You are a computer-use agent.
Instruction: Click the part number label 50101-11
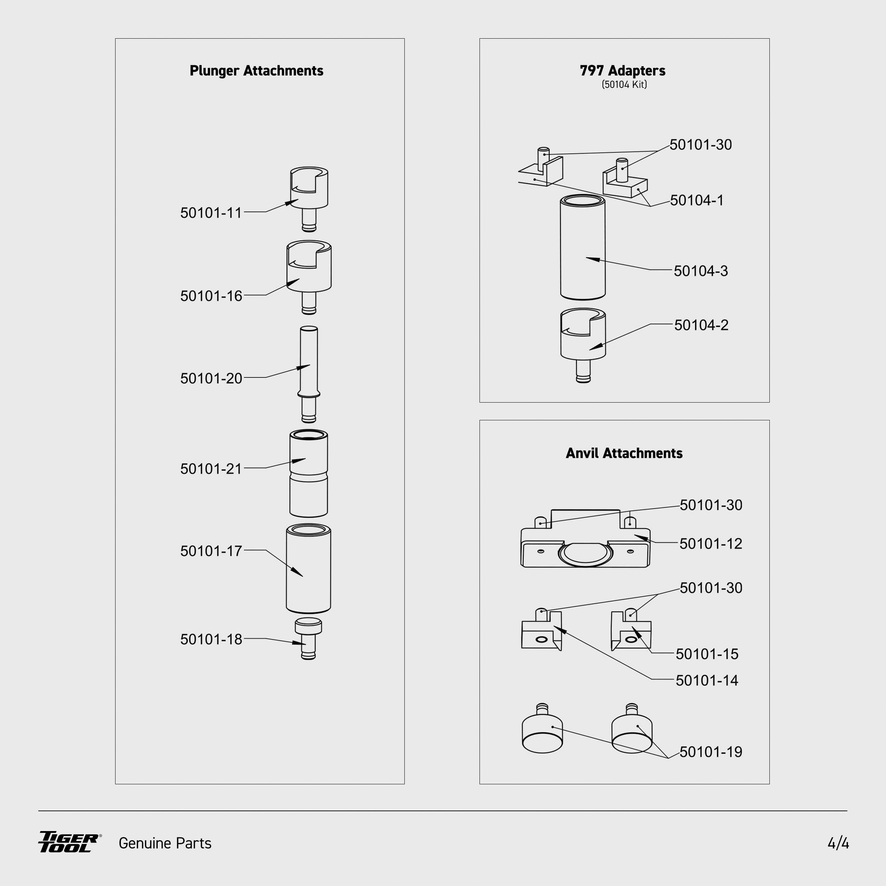[211, 213]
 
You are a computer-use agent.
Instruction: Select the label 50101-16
[211, 296]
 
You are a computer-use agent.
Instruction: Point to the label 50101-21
[211, 469]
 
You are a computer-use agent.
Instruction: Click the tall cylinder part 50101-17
[308, 569]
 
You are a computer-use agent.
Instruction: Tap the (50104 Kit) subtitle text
[624, 84]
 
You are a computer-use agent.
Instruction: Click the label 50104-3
[701, 271]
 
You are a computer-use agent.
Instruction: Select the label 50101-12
[710, 544]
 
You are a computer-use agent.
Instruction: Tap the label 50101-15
[707, 654]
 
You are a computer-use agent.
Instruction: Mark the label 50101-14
[707, 680]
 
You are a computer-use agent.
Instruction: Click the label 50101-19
[710, 752]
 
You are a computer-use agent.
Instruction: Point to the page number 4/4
[838, 843]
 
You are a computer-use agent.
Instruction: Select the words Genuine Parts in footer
[165, 843]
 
